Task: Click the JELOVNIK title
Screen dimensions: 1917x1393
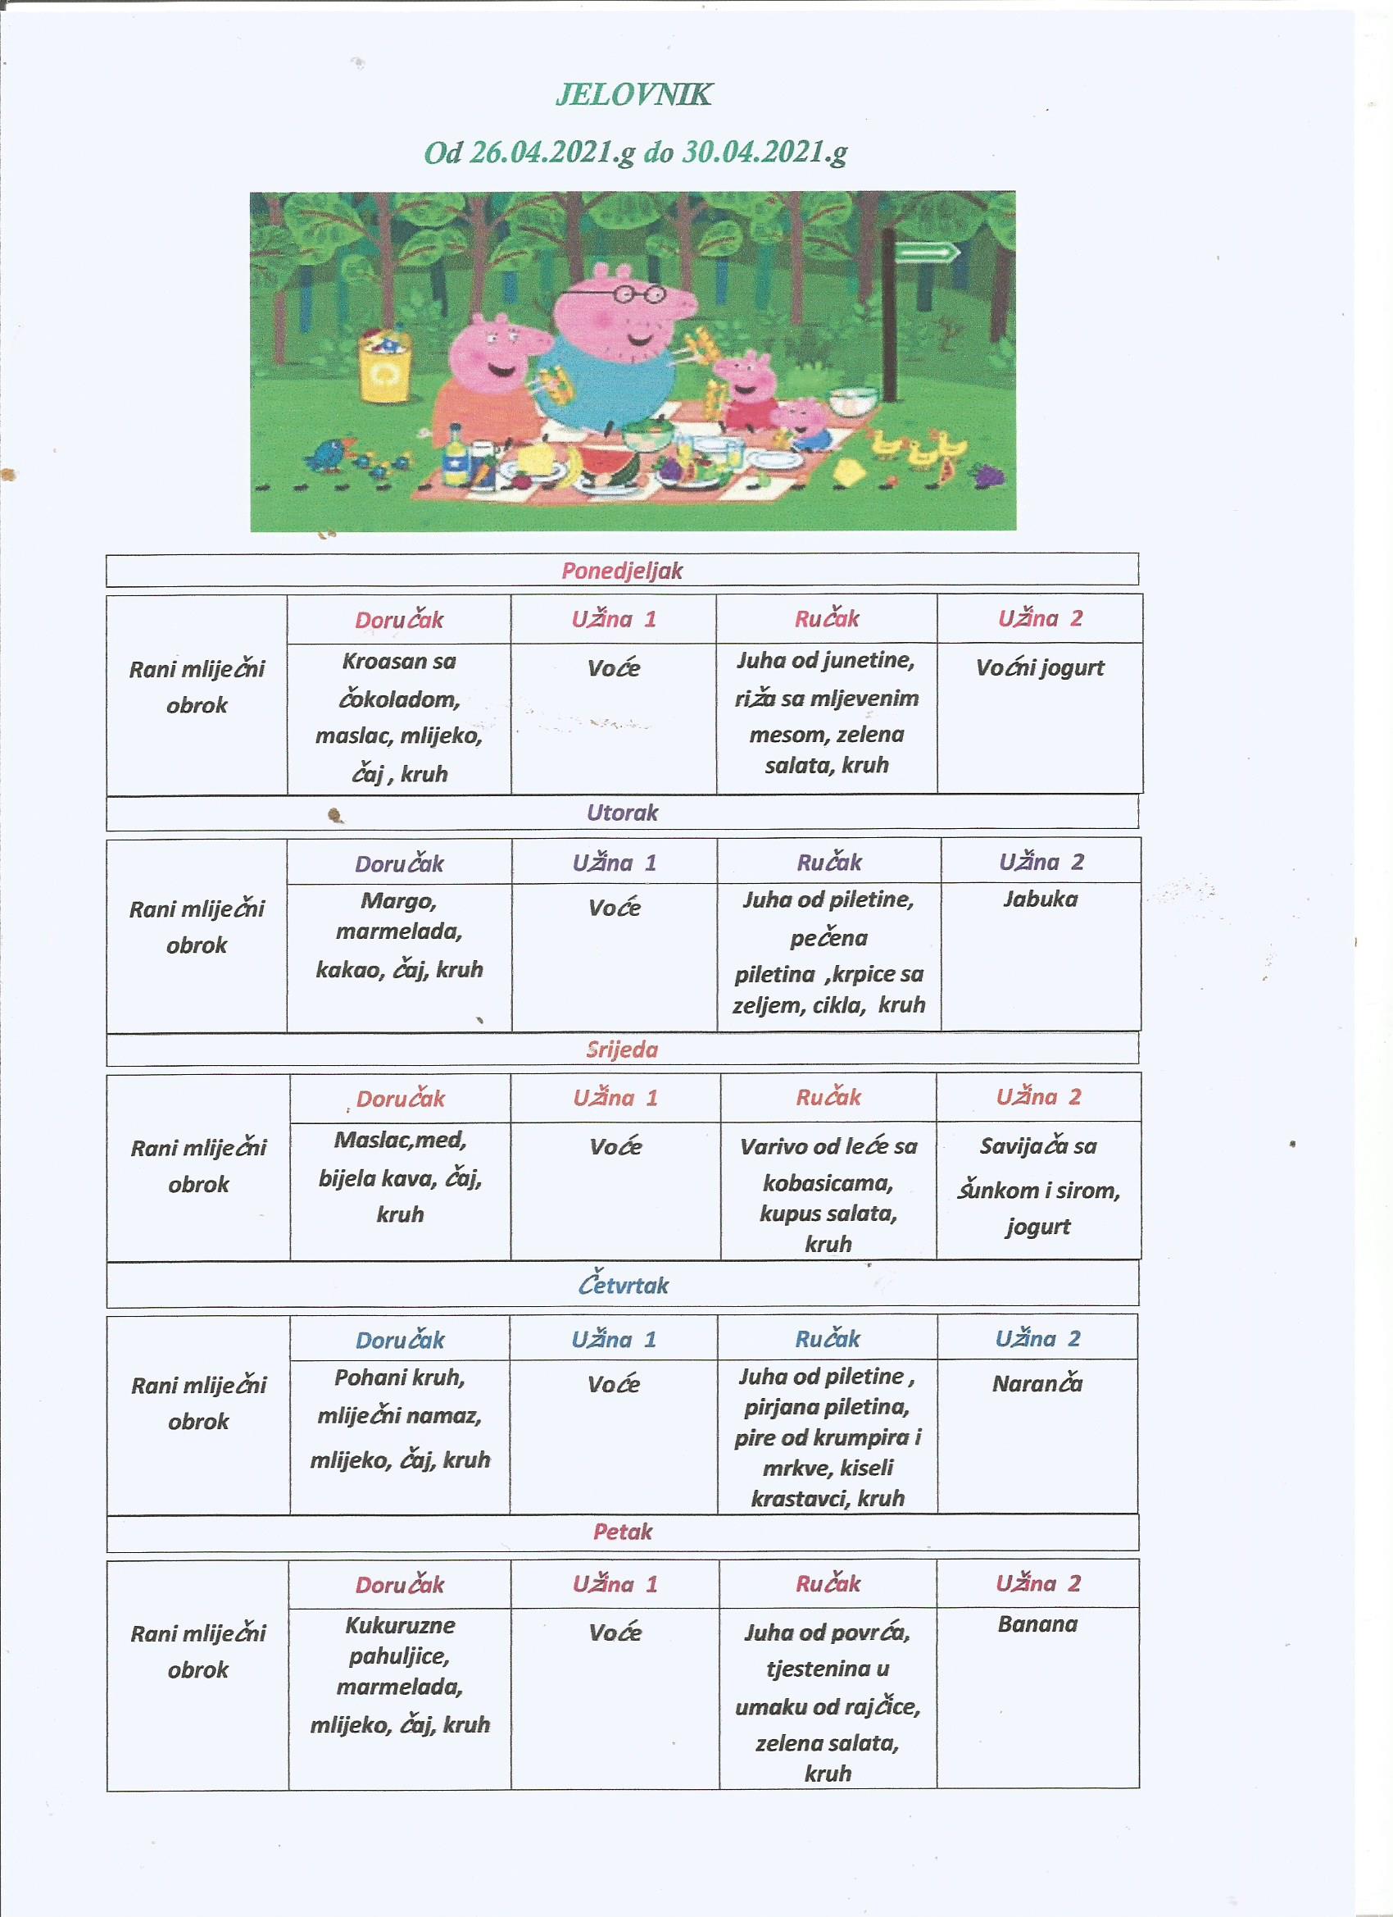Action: (x=633, y=94)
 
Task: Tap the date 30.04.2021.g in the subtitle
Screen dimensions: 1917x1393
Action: (x=765, y=153)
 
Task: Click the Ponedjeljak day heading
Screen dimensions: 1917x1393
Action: (x=622, y=571)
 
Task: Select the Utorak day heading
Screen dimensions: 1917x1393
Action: (x=622, y=813)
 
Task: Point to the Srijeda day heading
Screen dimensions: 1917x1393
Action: (x=622, y=1050)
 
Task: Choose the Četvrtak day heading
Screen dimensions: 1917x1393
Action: (x=624, y=1285)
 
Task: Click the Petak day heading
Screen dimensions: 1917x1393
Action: (x=623, y=1531)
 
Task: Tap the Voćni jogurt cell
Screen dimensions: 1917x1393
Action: (x=1039, y=667)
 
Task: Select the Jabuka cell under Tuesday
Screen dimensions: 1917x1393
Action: (x=1040, y=899)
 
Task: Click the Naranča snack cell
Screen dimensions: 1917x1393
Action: (x=1037, y=1384)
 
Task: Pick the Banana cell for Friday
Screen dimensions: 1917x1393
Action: (x=1037, y=1623)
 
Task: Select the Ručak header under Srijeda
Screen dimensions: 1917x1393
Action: (x=828, y=1097)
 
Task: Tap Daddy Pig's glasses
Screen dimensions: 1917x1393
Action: (x=639, y=294)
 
